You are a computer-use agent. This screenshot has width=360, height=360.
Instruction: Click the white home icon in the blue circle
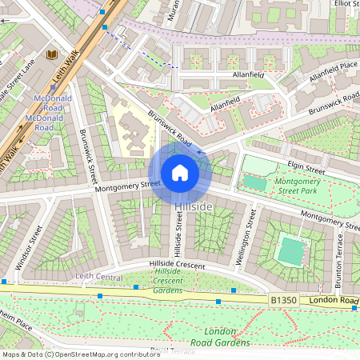[x=180, y=173]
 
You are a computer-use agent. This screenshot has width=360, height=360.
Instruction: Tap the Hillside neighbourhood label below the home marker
[x=194, y=207]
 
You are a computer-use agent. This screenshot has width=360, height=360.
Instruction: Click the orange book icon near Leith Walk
[x=53, y=54]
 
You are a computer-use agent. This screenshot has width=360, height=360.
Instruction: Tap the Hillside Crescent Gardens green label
[x=168, y=282]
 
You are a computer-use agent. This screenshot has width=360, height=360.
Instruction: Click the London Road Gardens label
[x=226, y=337]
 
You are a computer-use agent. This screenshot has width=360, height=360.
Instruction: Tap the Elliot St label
[x=346, y=4]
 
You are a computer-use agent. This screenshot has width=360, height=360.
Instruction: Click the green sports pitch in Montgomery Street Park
[x=255, y=182]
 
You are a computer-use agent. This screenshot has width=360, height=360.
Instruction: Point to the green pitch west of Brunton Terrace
[x=291, y=251]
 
